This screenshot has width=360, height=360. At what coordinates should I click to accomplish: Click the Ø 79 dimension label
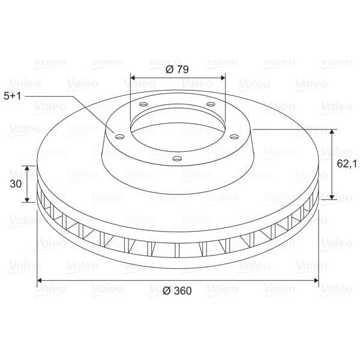[x=177, y=70]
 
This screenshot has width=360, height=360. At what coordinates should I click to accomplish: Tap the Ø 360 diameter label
[x=177, y=290]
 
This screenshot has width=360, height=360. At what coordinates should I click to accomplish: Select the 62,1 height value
[x=347, y=164]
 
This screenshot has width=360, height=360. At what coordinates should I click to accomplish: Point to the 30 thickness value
[x=16, y=184]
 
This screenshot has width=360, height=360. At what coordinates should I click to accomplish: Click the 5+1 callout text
[x=13, y=96]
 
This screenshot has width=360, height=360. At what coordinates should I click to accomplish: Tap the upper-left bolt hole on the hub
[x=143, y=104]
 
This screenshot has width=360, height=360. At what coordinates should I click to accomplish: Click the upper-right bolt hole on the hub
[x=211, y=104]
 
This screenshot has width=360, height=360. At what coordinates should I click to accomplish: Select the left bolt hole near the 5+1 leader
[x=120, y=137]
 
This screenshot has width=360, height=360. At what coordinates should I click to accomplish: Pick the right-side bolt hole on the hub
[x=235, y=137]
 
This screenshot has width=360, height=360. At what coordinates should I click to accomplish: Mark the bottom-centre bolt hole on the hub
[x=177, y=158]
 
